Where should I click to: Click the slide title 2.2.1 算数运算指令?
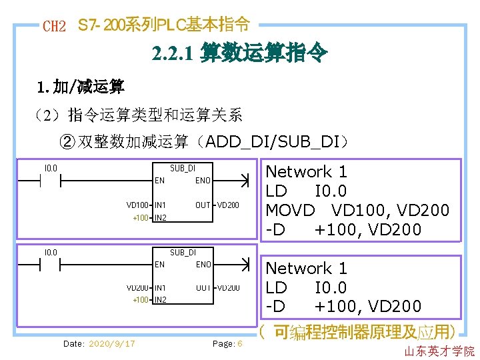239,53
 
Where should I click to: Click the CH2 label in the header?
54,27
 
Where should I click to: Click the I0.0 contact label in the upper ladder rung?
50,168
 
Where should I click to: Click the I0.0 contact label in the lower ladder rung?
50,252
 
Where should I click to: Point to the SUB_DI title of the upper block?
183,168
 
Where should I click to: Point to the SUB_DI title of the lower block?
183,252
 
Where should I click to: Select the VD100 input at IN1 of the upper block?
137,205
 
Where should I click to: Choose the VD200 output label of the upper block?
228,205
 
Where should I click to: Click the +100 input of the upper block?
141,217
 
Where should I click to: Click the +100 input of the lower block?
141,300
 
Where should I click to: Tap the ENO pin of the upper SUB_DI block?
203,181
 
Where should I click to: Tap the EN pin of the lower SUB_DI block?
160,265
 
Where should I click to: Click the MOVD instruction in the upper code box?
290,210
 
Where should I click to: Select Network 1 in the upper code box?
307,172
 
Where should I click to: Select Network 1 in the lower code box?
307,269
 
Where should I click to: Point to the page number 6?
239,343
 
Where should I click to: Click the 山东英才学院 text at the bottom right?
439,351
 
